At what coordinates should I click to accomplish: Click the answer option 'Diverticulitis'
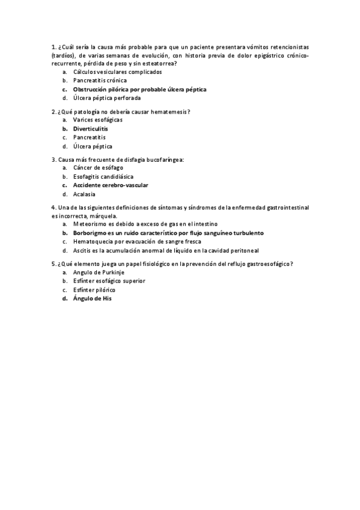pos(91,129)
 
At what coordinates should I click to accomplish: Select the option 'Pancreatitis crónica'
pos(100,80)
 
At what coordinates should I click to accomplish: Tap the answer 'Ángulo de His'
pos(92,298)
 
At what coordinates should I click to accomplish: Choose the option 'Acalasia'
pos(84,194)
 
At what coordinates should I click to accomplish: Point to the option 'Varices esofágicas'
pos(98,120)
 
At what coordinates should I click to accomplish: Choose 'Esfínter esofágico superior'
pos(109,281)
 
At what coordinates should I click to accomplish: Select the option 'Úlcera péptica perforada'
pos(107,97)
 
